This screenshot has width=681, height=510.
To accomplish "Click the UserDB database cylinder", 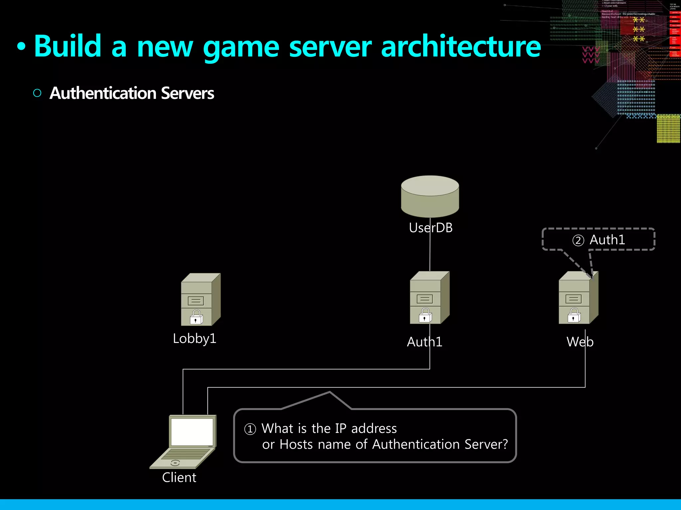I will (x=430, y=196).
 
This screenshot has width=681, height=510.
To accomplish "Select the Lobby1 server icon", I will (x=201, y=299).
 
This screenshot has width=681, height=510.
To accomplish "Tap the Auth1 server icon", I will (x=429, y=297).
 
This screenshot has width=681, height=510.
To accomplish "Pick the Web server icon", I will (x=578, y=297).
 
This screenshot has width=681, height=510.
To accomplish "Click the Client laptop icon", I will (x=184, y=441).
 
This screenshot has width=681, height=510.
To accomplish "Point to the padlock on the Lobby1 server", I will (x=196, y=317).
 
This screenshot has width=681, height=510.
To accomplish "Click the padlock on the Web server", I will (x=574, y=315).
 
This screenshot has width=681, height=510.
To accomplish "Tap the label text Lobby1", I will (x=195, y=339).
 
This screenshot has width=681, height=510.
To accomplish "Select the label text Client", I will (x=179, y=477).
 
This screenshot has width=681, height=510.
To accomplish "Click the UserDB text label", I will (x=431, y=228).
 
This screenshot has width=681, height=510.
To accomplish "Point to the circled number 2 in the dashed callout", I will (x=578, y=240).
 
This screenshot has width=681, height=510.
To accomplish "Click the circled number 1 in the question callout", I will (x=250, y=429).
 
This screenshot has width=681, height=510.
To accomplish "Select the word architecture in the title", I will (x=461, y=46).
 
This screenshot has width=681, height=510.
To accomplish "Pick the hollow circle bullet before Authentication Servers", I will (x=37, y=93).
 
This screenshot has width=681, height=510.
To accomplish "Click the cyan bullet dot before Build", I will (x=21, y=47).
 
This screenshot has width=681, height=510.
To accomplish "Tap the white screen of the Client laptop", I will (x=192, y=432).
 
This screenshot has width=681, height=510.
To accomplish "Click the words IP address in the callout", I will (x=366, y=429).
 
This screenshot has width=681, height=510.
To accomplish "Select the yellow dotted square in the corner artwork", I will (x=668, y=128).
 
